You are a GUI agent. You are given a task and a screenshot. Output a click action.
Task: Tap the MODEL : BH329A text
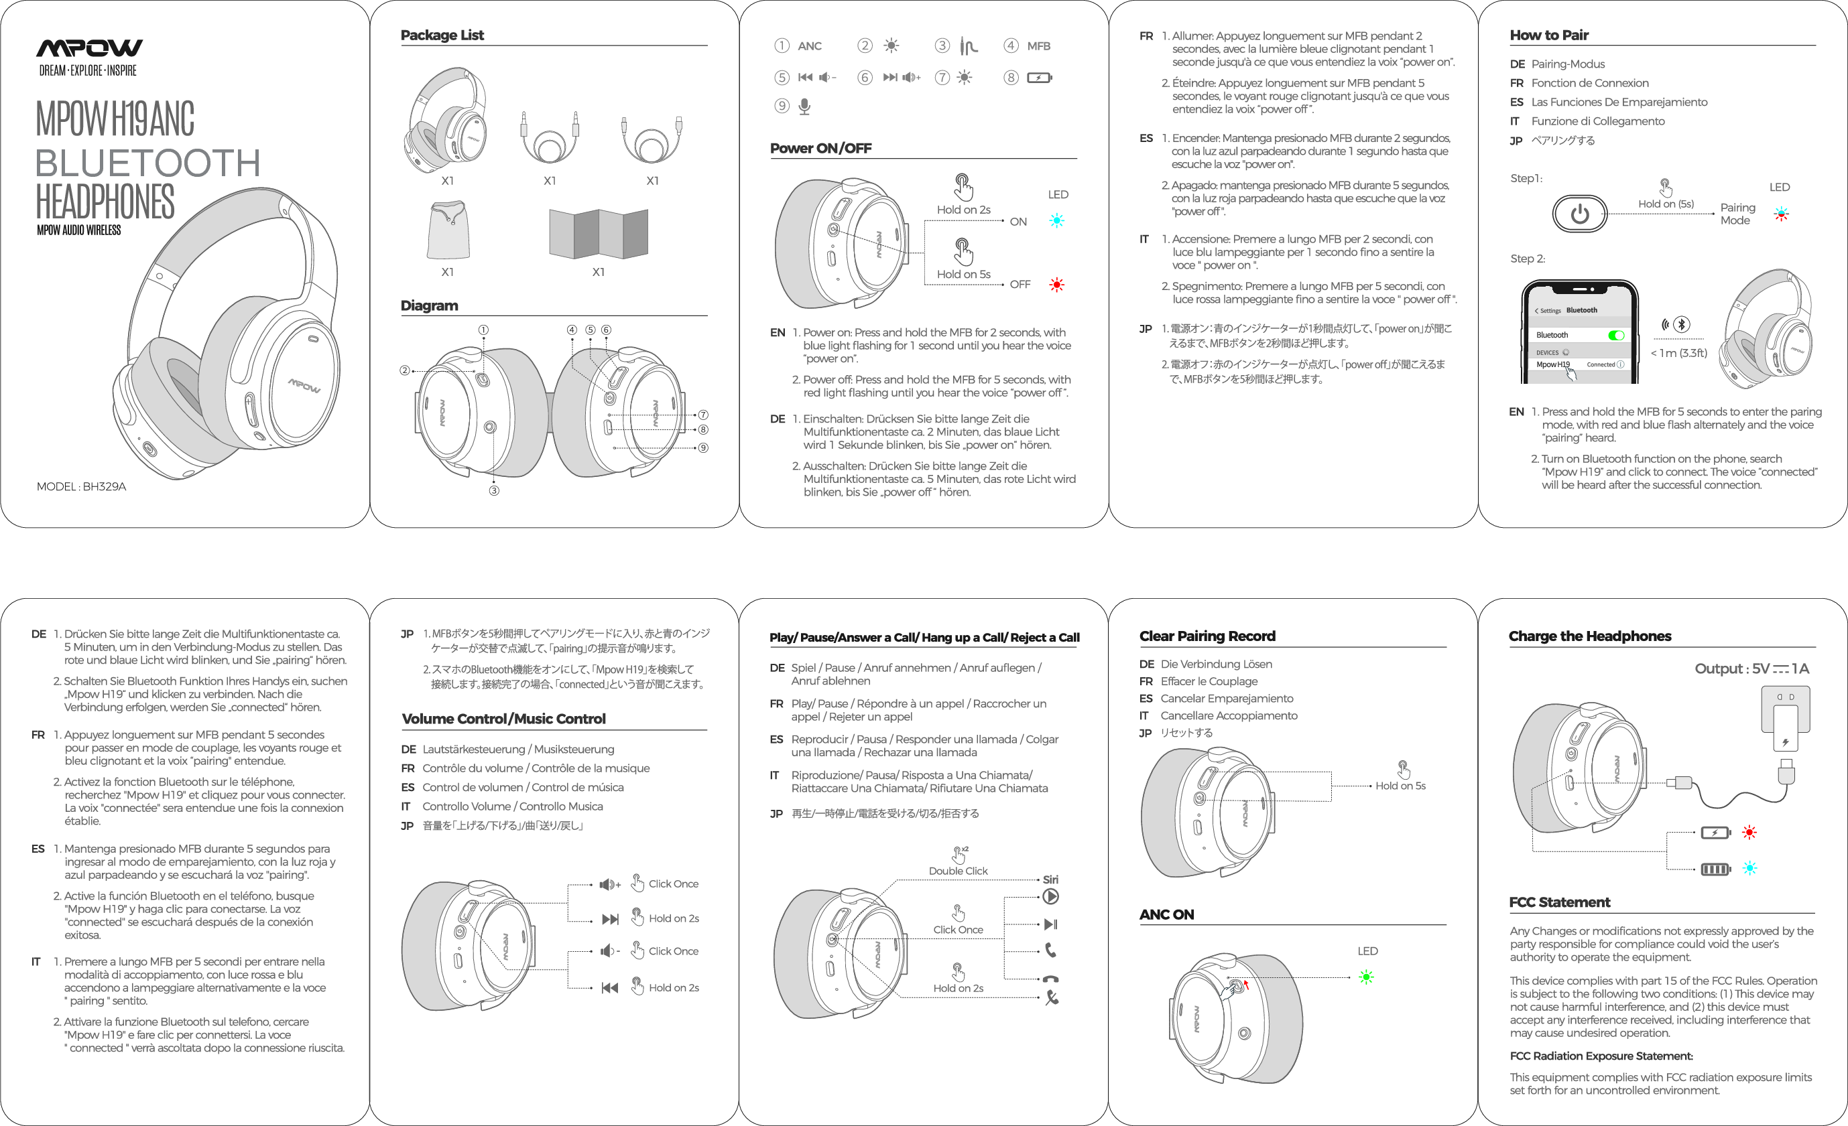pos(81,486)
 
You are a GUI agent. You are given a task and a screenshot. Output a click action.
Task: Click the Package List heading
pos(442,36)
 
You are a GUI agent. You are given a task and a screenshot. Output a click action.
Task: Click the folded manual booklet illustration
pos(598,233)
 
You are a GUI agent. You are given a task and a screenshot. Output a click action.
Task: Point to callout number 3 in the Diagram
pos(493,491)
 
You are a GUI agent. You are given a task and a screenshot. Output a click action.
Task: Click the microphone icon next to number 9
pos(804,107)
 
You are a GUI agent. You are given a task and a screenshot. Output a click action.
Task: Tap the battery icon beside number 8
pos(1039,77)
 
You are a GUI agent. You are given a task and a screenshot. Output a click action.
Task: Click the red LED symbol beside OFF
pos(1057,285)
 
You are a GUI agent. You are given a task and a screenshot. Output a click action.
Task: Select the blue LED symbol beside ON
pos(1057,220)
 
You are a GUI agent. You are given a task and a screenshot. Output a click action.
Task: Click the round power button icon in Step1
pos(1579,214)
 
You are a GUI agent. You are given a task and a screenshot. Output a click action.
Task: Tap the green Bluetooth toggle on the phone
pos(1615,335)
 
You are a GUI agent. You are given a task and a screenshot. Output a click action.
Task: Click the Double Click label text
pos(958,871)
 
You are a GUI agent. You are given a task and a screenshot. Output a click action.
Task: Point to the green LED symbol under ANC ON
pos(1366,977)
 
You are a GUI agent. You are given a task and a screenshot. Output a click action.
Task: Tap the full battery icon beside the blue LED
pos(1715,869)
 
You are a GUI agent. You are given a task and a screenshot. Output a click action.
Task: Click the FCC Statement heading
pos(1559,902)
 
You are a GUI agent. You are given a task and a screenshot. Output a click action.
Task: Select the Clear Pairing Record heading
pos(1207,636)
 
